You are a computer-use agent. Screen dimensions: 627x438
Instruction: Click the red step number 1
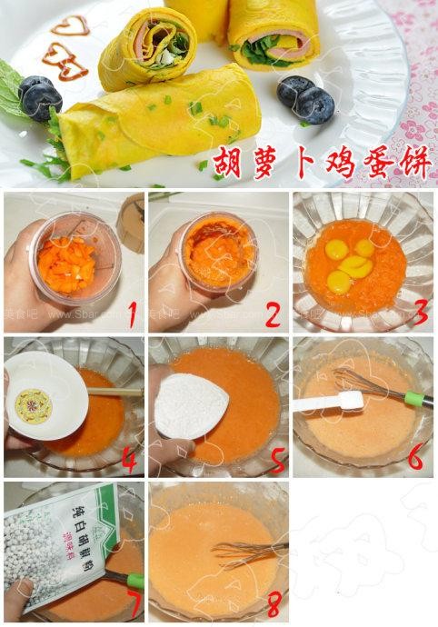[x=132, y=315]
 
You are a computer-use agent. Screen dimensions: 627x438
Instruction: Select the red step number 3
[x=419, y=314]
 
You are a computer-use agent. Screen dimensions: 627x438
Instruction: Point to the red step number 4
[x=130, y=461]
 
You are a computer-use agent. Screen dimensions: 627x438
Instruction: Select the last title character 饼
[x=413, y=164]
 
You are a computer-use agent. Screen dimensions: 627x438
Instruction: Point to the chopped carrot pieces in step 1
[x=88, y=261]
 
